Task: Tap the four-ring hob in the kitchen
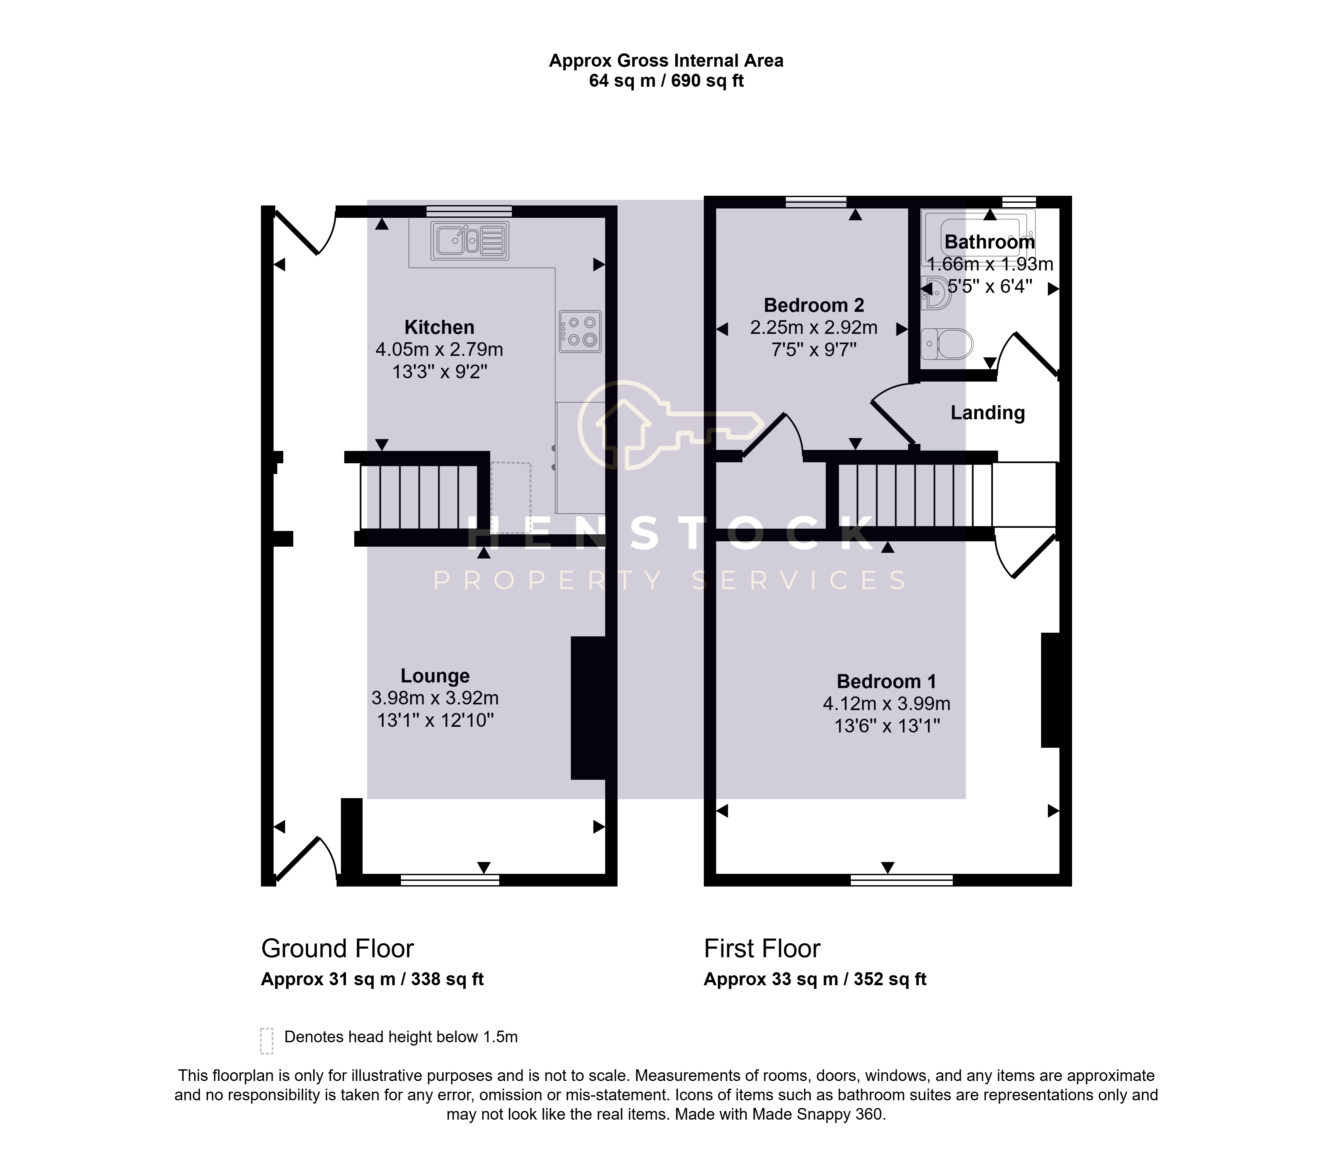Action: (x=580, y=332)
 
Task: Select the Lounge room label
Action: (x=435, y=676)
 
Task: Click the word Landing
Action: (x=987, y=413)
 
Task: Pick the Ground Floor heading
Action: (x=337, y=948)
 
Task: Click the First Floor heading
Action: (x=762, y=948)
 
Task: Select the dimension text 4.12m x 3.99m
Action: (x=886, y=703)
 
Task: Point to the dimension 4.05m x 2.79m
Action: (x=440, y=350)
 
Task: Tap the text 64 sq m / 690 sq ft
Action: (x=666, y=81)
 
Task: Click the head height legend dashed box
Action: (x=267, y=1041)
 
